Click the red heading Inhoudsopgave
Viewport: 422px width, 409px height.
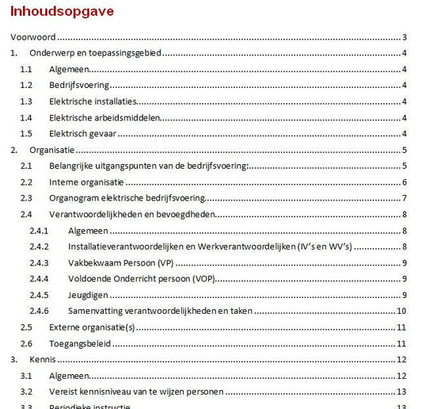pyautogui.click(x=61, y=12)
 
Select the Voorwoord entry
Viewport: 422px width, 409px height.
pyautogui.click(x=32, y=37)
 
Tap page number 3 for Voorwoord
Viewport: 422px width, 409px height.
pyautogui.click(x=404, y=37)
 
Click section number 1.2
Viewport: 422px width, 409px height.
pyautogui.click(x=26, y=85)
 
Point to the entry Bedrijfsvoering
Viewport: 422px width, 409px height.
pyautogui.click(x=79, y=85)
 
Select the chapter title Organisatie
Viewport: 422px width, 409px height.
pyautogui.click(x=51, y=150)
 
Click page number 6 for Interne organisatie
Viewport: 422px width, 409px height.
pyautogui.click(x=404, y=182)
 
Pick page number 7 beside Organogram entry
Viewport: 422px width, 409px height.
pyautogui.click(x=404, y=198)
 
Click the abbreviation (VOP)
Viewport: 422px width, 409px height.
pyautogui.click(x=205, y=279)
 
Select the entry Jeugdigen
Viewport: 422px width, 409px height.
pyautogui.click(x=87, y=295)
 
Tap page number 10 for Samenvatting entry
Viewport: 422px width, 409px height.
pyautogui.click(x=401, y=311)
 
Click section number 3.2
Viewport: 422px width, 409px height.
pyautogui.click(x=26, y=392)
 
